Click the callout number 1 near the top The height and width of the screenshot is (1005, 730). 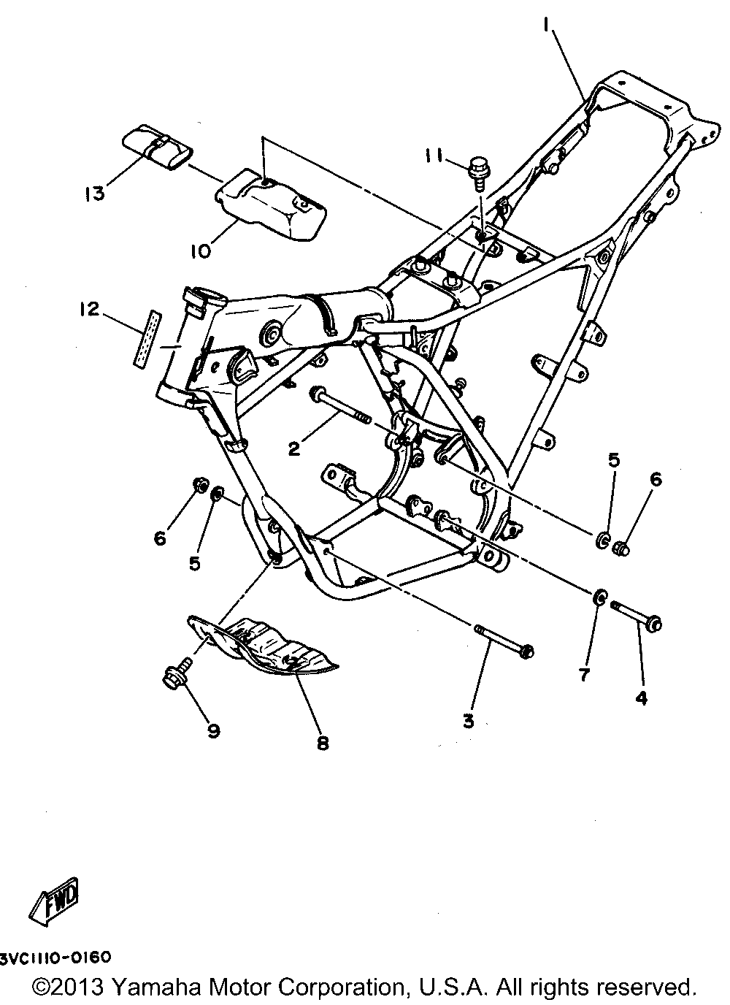tap(547, 26)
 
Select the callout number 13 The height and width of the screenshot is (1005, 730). tap(96, 194)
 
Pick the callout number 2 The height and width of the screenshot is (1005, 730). tap(293, 448)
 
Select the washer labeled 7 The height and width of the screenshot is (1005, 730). tap(599, 598)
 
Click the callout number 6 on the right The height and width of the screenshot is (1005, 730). tap(656, 480)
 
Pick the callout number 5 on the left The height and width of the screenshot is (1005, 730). tap(195, 563)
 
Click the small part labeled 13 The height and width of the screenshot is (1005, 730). tap(158, 147)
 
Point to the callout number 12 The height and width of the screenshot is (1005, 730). tap(89, 310)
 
